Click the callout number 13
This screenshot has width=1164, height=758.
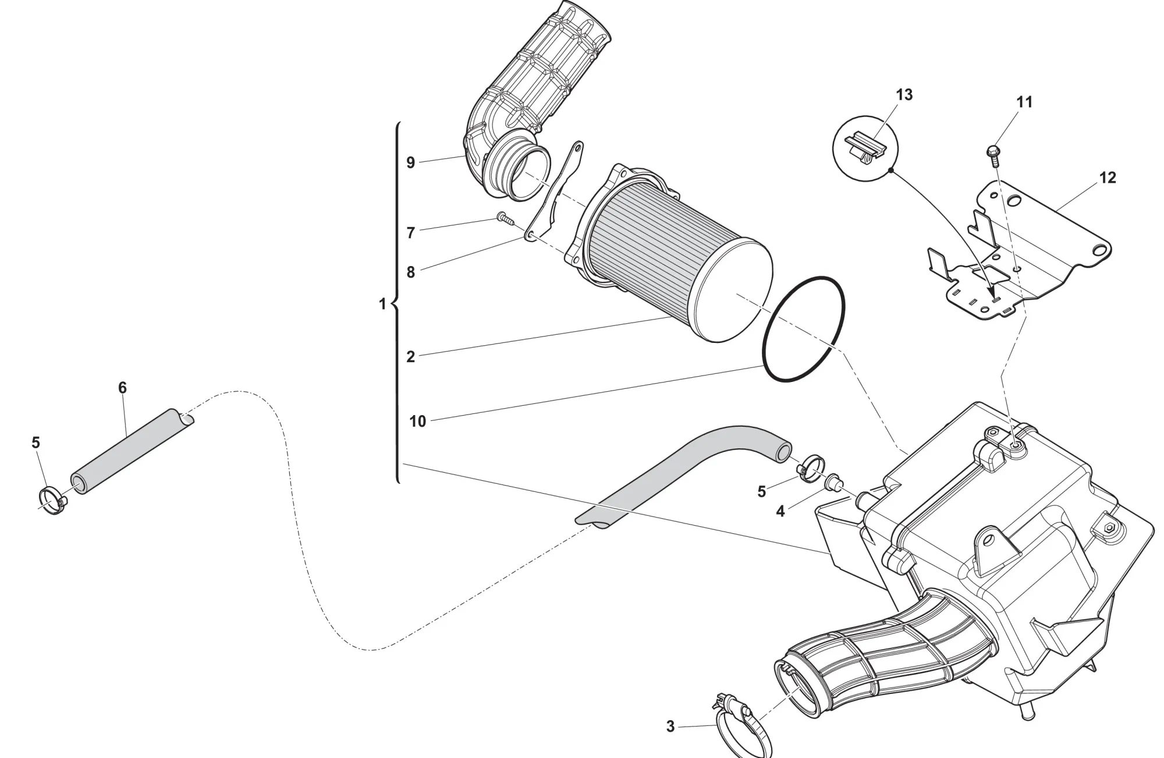(904, 95)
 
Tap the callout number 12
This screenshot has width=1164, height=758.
(1107, 178)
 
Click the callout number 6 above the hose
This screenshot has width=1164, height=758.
(122, 388)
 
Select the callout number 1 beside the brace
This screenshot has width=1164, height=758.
(382, 304)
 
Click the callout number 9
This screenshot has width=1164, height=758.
(410, 162)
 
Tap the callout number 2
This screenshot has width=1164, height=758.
(410, 357)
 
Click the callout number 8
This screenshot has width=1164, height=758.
(410, 272)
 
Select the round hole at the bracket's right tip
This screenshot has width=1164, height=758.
(1098, 250)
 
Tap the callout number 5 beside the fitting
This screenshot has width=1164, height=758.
(761, 492)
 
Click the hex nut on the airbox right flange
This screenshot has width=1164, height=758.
(1109, 527)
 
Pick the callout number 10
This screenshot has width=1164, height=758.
(417, 421)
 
